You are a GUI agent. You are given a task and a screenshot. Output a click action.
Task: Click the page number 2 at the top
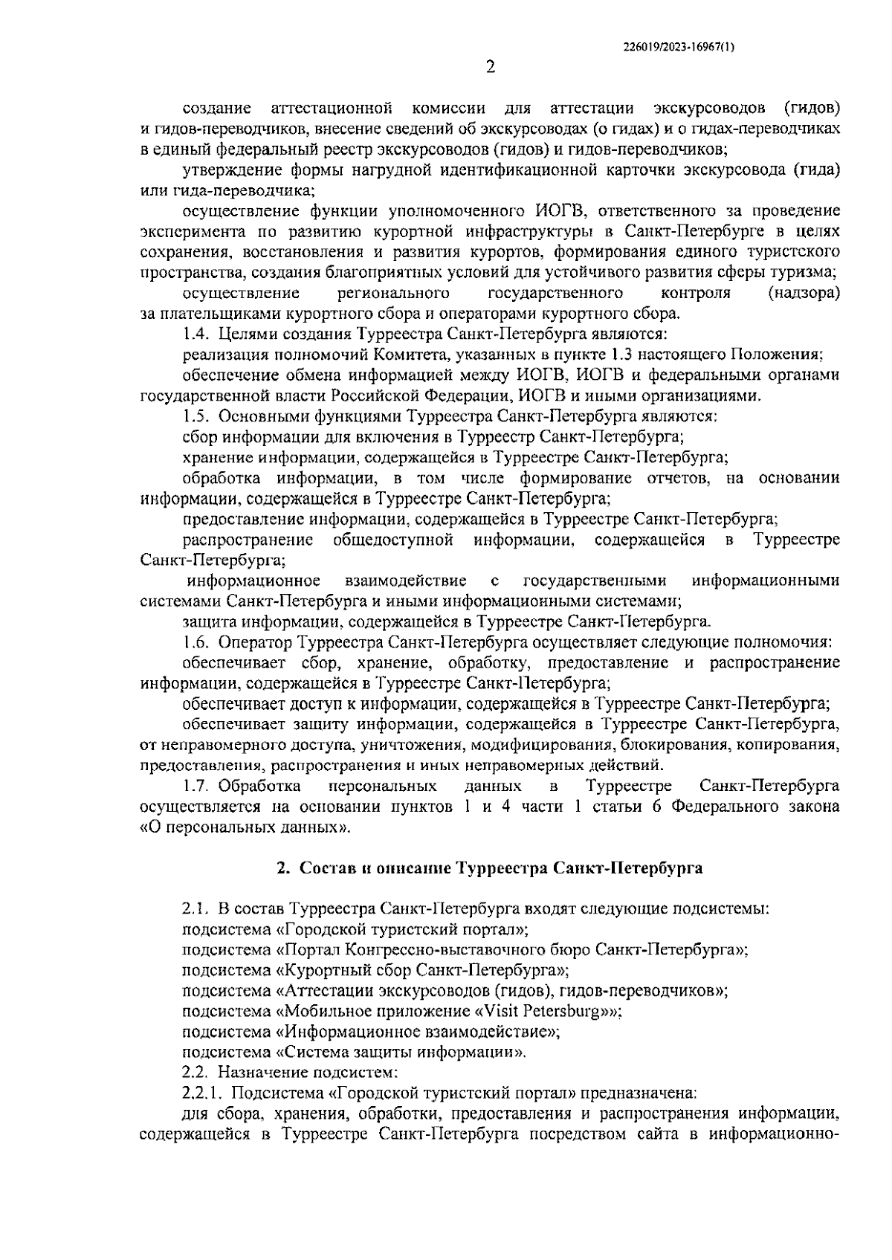tap(490, 68)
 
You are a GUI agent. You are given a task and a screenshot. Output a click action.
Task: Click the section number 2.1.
tap(196, 908)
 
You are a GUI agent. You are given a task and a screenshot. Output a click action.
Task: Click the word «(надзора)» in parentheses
tap(804, 294)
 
